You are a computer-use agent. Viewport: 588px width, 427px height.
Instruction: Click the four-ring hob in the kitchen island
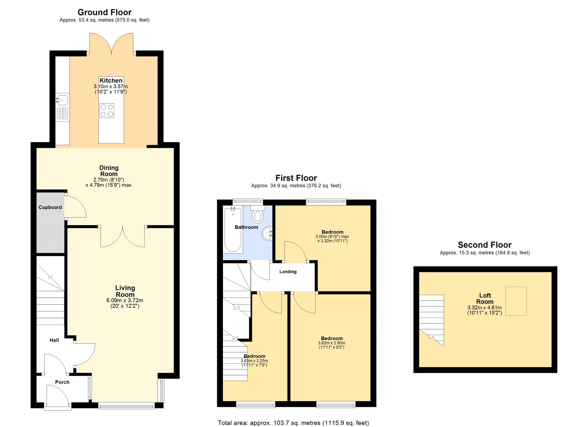(107, 111)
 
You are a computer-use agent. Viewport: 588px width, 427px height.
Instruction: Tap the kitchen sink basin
(62, 99)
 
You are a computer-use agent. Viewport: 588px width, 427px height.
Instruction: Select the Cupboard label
(50, 207)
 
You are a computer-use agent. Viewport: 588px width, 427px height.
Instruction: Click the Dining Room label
(109, 171)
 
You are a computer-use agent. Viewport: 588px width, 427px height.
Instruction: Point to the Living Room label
(125, 291)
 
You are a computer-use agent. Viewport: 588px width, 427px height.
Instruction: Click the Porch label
(62, 382)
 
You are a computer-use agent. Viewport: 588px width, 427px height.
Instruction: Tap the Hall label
(54, 340)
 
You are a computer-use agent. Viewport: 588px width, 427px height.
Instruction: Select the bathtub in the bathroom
(233, 230)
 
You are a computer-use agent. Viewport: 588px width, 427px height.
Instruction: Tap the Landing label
(288, 272)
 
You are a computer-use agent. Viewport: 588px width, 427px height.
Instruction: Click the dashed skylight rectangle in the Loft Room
(516, 301)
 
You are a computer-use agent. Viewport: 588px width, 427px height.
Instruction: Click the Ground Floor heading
(104, 12)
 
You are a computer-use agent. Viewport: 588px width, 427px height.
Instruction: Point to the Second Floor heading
(484, 245)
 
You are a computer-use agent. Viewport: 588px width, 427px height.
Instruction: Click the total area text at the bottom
(293, 423)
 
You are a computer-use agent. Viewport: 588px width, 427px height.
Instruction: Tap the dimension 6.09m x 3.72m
(125, 300)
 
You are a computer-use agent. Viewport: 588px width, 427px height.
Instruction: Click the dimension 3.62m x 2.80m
(331, 343)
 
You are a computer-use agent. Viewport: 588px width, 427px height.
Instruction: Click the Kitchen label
(111, 80)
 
